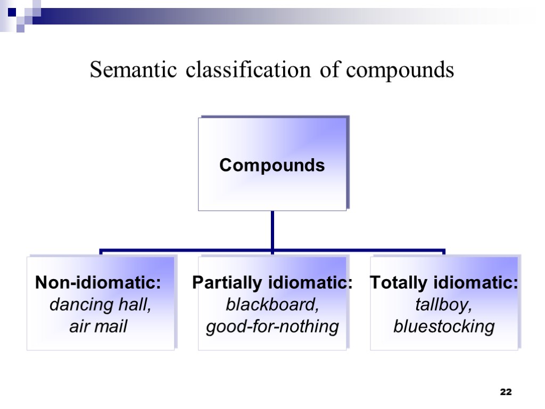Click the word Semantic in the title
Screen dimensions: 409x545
[133, 70]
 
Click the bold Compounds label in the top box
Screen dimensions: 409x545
[272, 166]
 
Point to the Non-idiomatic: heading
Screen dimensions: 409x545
[98, 283]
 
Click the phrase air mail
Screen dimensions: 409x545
[98, 326]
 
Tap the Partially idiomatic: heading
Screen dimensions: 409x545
[272, 283]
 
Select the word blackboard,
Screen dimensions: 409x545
[272, 305]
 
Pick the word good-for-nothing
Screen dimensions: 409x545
[272, 326]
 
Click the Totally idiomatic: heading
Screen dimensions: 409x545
[444, 283]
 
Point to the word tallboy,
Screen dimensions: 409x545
[444, 305]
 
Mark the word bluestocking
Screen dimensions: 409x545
[444, 326]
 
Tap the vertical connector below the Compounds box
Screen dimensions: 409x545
[272, 229]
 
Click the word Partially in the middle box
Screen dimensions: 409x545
[230, 283]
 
